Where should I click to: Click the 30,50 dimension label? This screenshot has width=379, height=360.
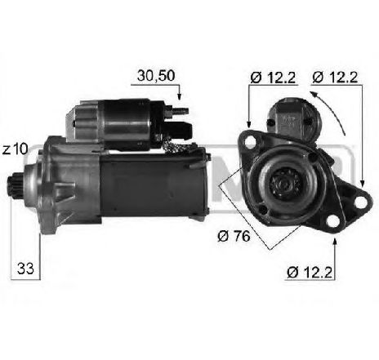156,76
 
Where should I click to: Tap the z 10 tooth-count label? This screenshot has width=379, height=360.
15,149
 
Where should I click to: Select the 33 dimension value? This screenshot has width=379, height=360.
25,269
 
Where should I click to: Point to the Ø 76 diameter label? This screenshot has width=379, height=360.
234,236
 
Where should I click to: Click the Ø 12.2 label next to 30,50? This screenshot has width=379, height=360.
273,78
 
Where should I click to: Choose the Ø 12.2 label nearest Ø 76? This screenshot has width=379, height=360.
310,272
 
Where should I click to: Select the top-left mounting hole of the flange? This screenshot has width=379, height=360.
249,142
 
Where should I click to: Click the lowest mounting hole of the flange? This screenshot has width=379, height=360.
332,221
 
